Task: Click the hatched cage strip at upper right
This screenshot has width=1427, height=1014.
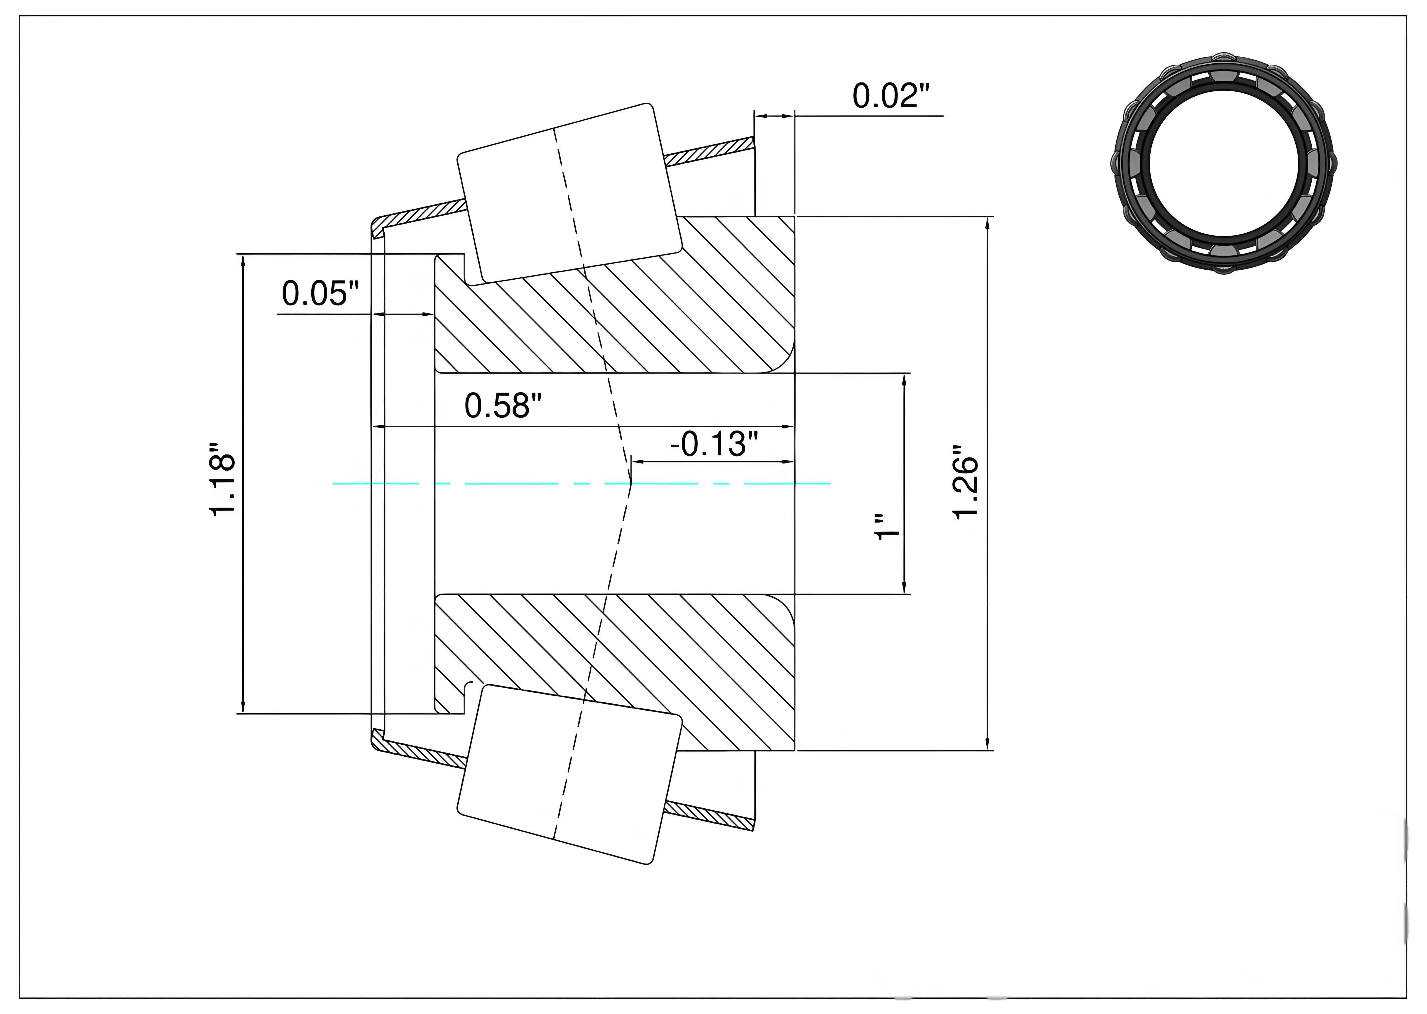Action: click(709, 153)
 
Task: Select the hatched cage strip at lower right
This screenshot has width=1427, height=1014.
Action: click(709, 815)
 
